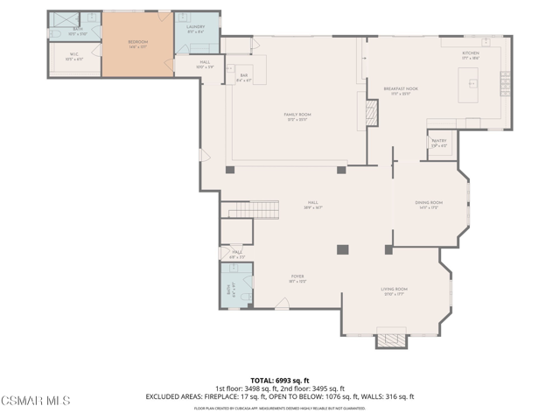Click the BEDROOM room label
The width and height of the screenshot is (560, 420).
[x=137, y=43]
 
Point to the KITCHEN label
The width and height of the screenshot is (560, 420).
[x=471, y=53]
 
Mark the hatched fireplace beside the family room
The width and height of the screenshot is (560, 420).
[x=372, y=111]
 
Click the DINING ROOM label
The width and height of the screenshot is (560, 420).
[x=429, y=205]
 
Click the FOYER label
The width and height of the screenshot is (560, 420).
[x=297, y=278]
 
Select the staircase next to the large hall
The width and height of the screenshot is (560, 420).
[x=254, y=210]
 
